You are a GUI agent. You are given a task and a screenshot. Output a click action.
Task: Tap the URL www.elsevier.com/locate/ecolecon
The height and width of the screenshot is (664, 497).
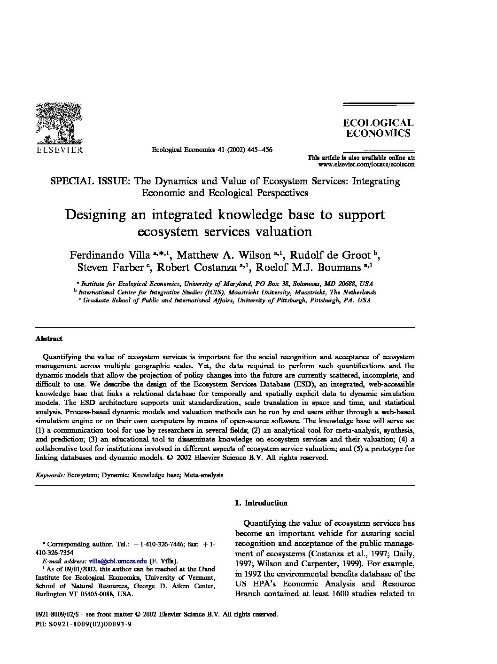click(x=366, y=165)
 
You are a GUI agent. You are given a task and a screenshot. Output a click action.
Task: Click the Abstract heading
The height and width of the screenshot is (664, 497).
click(x=49, y=339)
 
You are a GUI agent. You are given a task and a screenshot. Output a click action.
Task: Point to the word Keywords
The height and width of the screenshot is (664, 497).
click(x=50, y=475)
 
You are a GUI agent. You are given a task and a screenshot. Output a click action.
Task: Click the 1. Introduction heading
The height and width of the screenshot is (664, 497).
click(x=261, y=503)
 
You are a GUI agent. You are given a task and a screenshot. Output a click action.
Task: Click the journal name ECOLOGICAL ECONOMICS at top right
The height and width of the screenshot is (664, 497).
click(x=378, y=128)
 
